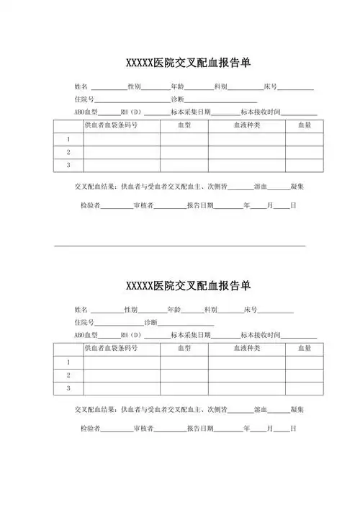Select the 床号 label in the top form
tap(270, 86)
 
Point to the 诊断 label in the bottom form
tap(151, 322)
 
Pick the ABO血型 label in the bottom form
tap(86, 335)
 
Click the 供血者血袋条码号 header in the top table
tap(111, 125)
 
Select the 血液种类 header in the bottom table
tap(246, 348)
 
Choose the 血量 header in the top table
tap(304, 125)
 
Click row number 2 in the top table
tap(68, 152)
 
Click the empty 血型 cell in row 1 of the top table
tap(184, 139)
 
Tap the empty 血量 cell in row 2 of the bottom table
tap(304, 375)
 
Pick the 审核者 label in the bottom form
tap(143, 429)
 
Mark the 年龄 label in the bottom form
tap(174, 309)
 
